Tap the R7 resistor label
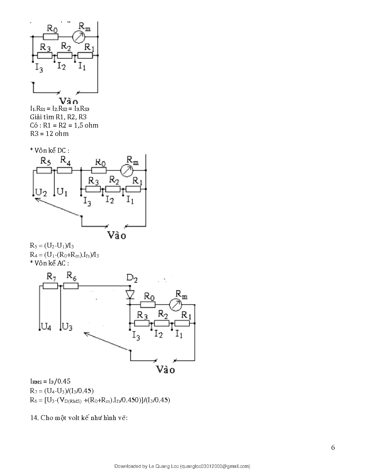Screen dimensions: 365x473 click(x=52, y=277)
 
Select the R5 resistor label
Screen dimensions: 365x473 click(x=46, y=161)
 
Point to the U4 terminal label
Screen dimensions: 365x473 click(x=46, y=327)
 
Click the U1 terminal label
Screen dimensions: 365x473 click(x=62, y=192)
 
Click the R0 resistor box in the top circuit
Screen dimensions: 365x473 click(x=51, y=37)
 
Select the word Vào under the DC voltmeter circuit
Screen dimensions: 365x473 click(x=117, y=235)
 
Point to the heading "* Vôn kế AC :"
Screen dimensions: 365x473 click(x=50, y=263)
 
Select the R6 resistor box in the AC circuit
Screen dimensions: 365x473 click(x=71, y=286)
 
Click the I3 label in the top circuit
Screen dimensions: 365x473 click(x=39, y=68)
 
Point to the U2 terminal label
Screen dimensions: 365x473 click(x=41, y=192)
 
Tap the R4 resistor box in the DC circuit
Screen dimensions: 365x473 click(x=65, y=171)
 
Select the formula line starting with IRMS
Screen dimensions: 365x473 click(x=50, y=381)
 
